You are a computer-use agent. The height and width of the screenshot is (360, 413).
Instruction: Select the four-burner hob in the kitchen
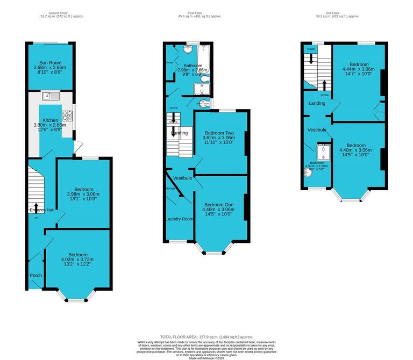click(68, 114)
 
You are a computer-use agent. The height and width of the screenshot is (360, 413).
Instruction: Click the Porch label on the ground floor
click(35, 276)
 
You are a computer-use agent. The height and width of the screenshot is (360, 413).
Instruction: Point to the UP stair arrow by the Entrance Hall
click(36, 207)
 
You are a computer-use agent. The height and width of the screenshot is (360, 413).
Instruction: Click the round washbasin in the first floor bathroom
click(188, 50)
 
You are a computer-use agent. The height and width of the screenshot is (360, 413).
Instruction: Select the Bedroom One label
click(218, 205)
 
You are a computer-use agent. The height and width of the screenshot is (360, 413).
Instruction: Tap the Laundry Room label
click(179, 219)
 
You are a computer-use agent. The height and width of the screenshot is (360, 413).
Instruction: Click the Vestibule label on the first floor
click(182, 178)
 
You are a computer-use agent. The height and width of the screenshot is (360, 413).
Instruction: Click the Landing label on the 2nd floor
click(316, 103)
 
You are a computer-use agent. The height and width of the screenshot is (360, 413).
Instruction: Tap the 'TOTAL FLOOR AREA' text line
click(206, 336)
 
